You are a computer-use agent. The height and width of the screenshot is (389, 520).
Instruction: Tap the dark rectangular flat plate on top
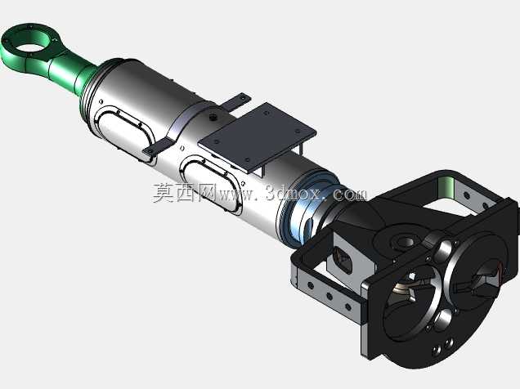tap(258, 136)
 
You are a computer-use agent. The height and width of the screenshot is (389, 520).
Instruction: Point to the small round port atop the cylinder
tap(213, 117)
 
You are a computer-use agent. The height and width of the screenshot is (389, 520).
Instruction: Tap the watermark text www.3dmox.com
tap(294, 193)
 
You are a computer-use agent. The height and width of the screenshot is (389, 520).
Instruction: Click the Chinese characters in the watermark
tap(185, 193)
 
